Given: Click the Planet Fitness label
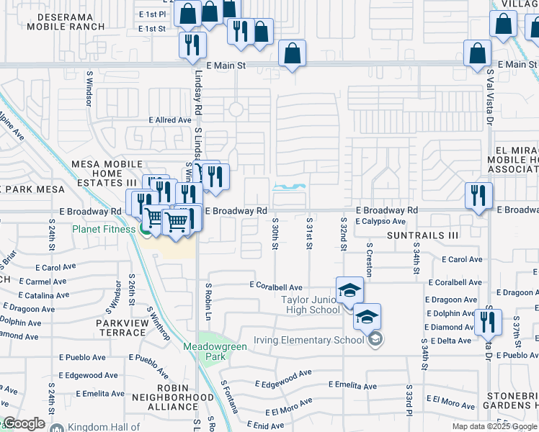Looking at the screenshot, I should pos(103,230).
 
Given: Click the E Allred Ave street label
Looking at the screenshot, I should pos(170,120).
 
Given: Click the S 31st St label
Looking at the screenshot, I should pos(309,235).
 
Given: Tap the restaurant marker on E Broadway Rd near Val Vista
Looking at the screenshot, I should pos(478,196).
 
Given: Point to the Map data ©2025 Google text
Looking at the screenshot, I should pos(494,426).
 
